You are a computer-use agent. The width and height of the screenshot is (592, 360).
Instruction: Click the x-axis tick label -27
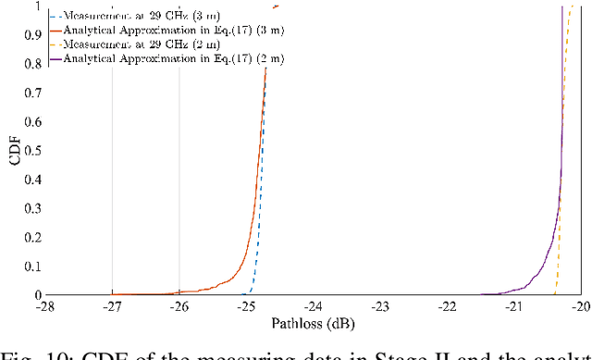click(x=112, y=306)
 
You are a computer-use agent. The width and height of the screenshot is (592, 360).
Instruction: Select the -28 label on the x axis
click(x=44, y=306)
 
